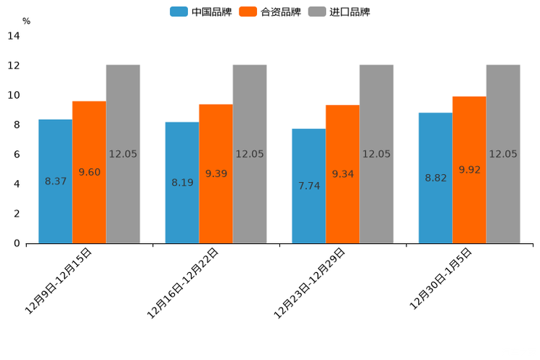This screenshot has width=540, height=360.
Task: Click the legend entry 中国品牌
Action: click(x=201, y=12)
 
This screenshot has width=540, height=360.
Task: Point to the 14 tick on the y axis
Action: click(x=14, y=36)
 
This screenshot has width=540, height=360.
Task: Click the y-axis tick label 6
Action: click(x=17, y=155)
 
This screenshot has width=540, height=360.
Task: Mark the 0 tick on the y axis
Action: click(x=17, y=243)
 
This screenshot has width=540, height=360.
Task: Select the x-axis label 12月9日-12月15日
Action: click(x=60, y=280)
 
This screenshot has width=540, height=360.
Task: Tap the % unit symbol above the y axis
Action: click(x=26, y=21)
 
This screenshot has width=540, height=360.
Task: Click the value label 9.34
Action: click(x=343, y=174)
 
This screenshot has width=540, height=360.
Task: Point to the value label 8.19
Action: click(x=182, y=182)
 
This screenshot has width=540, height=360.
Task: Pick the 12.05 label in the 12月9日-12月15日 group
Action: click(x=123, y=154)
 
